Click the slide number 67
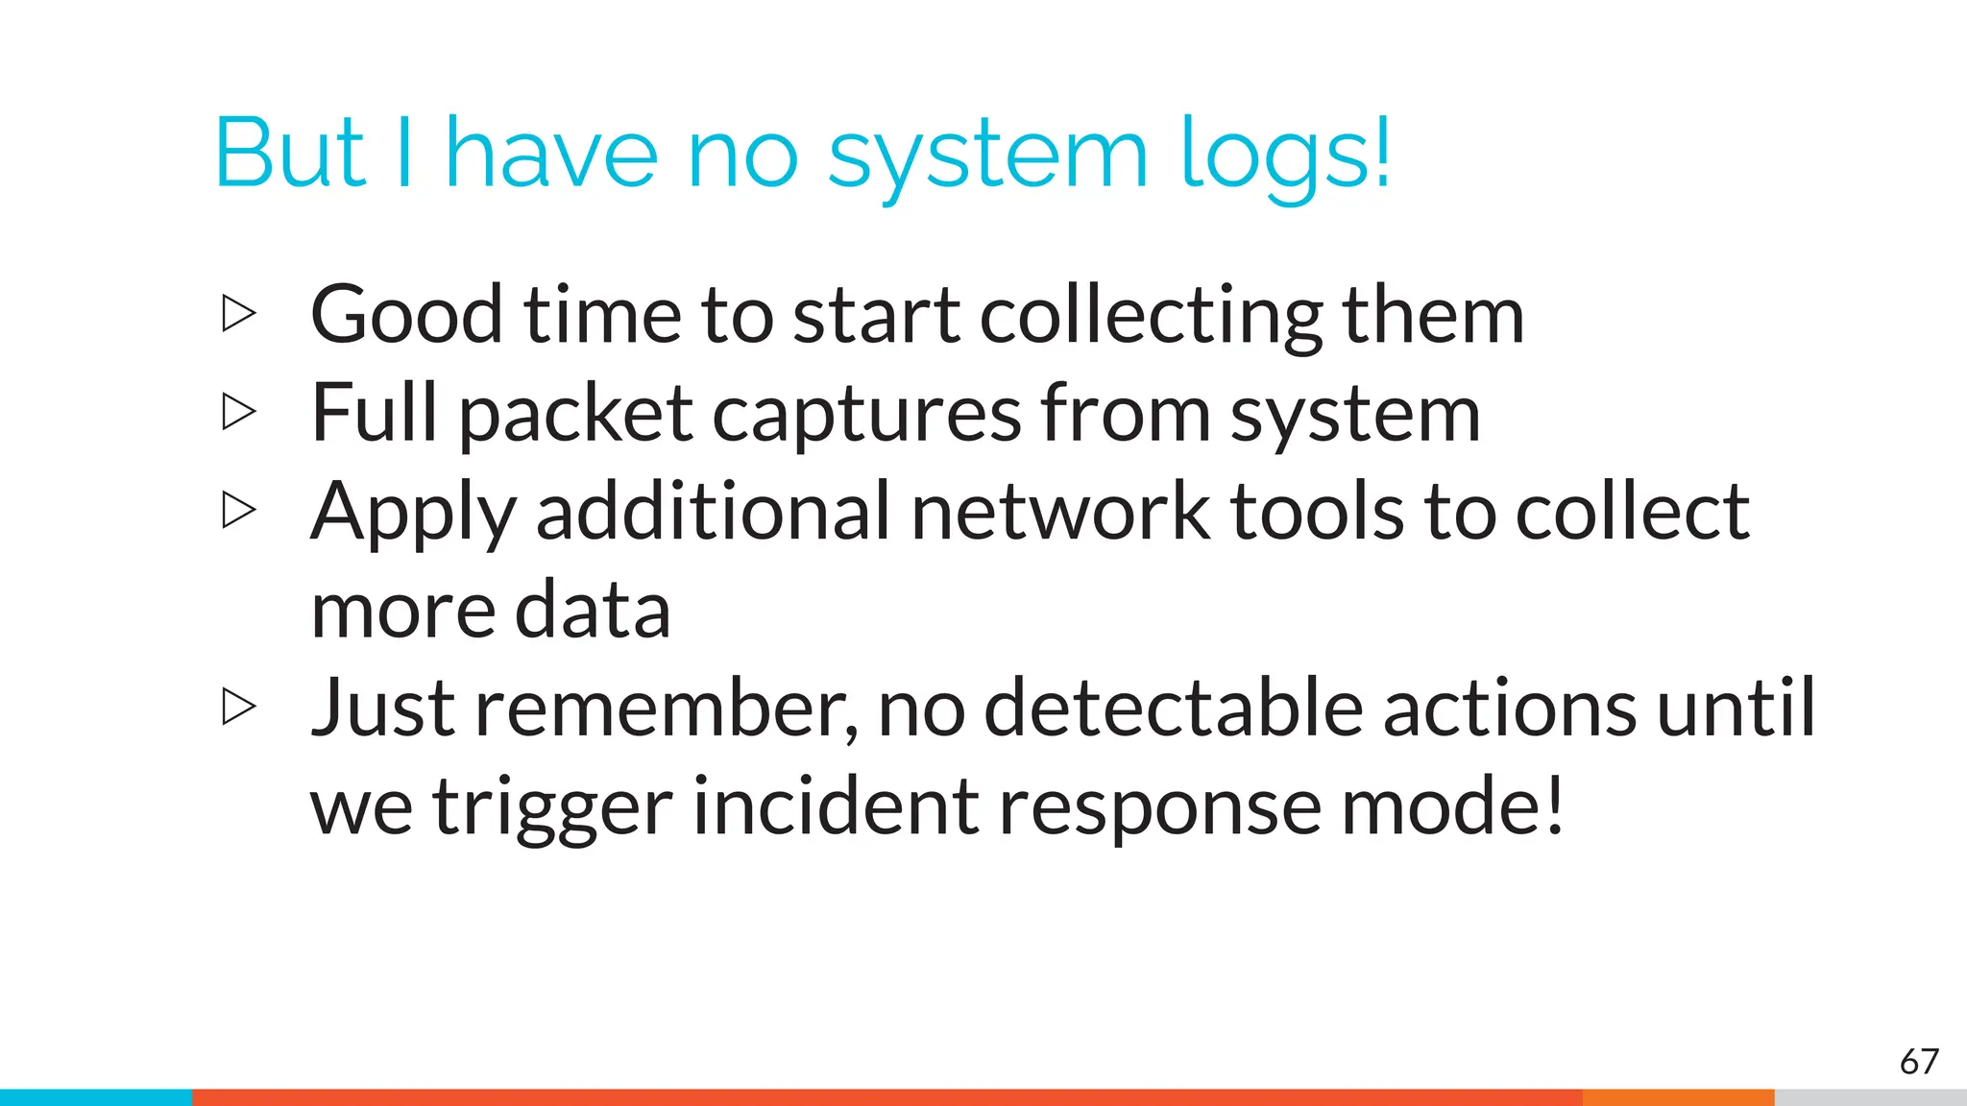1919,1062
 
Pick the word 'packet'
574,415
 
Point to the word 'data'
592,611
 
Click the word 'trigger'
551,808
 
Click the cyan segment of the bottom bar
96,1097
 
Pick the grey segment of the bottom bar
1870,1097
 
